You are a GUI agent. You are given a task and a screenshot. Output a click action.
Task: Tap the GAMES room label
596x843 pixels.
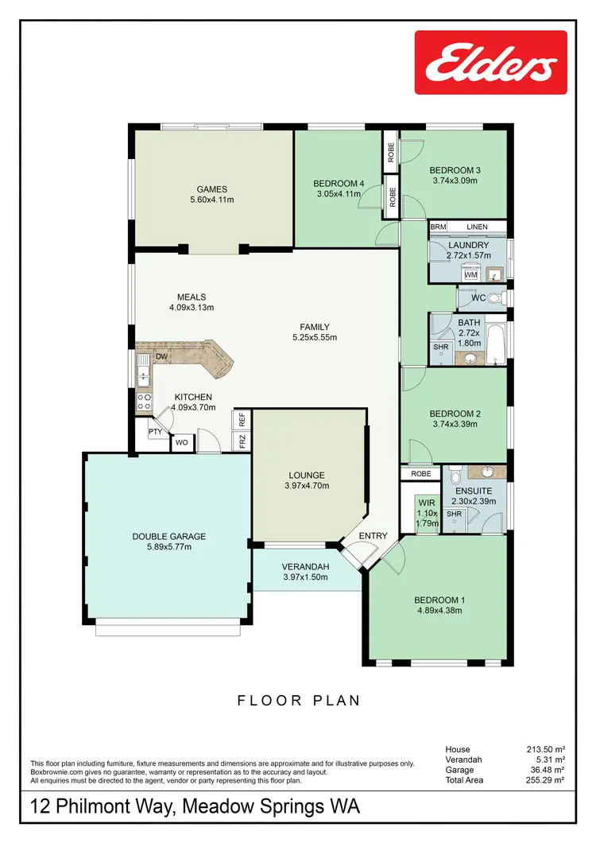click(x=212, y=189)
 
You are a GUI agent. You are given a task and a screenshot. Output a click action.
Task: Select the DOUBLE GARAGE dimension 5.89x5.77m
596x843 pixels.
click(x=168, y=547)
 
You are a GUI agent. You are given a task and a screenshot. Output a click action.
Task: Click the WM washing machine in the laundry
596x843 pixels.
click(x=470, y=274)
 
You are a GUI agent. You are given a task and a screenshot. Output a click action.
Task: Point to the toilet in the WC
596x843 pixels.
click(x=494, y=298)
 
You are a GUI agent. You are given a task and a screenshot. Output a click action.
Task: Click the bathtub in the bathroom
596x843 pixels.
click(x=495, y=344)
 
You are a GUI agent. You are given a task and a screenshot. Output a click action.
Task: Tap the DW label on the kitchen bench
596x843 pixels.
click(x=161, y=357)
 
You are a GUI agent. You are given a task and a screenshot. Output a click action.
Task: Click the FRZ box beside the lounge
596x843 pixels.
click(x=242, y=441)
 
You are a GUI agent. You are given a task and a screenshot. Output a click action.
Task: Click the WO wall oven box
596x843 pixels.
click(x=181, y=442)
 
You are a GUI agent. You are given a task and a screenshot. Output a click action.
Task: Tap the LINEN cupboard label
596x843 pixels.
click(x=477, y=227)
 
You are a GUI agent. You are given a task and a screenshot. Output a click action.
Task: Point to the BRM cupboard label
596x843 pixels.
click(x=438, y=227)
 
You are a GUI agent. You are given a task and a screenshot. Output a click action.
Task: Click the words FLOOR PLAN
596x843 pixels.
click(x=299, y=701)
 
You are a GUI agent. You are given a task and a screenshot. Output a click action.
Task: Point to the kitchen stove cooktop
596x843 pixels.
click(x=145, y=402)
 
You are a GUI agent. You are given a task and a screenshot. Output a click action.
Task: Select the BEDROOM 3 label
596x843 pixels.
click(x=455, y=170)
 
